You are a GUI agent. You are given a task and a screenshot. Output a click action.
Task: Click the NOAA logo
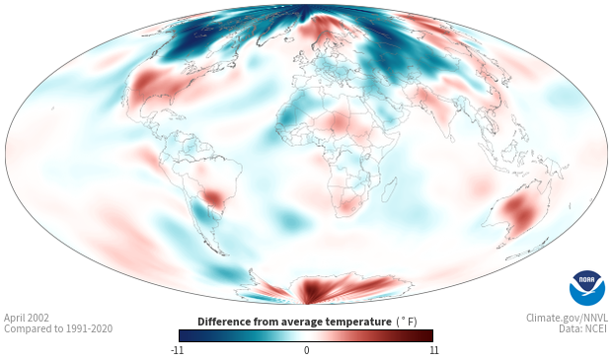click(x=587, y=288)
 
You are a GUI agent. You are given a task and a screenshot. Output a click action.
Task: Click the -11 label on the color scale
click(x=177, y=350)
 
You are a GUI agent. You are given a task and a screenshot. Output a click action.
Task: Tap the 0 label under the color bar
click(x=306, y=350)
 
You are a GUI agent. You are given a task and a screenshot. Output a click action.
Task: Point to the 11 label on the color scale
click(x=433, y=350)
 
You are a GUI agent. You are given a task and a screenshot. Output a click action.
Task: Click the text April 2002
click(x=27, y=318)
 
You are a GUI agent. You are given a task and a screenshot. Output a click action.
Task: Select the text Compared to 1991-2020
click(x=58, y=328)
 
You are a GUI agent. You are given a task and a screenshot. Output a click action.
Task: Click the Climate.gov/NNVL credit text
click(x=567, y=318)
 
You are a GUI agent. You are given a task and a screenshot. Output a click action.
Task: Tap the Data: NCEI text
click(x=583, y=328)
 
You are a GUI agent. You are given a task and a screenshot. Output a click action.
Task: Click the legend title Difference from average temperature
click(x=294, y=322)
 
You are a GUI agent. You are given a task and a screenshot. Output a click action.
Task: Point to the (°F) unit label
click(x=407, y=322)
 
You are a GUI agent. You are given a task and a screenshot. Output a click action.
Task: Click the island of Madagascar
click(x=390, y=189)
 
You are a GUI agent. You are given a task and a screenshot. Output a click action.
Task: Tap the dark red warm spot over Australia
click(x=522, y=211)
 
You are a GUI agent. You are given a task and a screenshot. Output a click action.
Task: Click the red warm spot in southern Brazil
click(x=212, y=196)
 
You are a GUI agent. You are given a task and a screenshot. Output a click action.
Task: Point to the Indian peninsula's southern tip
click(x=451, y=139)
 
